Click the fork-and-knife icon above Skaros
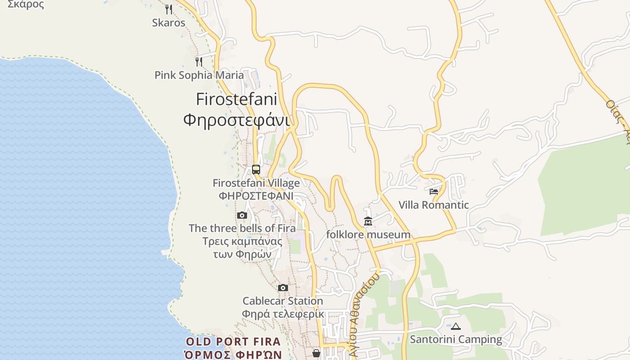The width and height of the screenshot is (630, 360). (x=168, y=9)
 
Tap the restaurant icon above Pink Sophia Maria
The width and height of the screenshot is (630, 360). (x=199, y=61)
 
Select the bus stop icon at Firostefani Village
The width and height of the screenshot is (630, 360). (x=256, y=170)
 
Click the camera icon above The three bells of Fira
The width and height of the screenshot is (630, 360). (x=242, y=215)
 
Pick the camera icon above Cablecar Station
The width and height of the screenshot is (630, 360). (x=283, y=288)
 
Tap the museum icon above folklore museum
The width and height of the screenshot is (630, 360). (x=368, y=221)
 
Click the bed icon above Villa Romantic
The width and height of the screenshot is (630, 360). (x=434, y=191)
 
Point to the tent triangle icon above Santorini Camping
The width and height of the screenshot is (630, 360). (x=456, y=326)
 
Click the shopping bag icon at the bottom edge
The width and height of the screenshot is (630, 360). (x=317, y=353)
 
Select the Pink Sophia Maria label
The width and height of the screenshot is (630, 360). (x=199, y=75)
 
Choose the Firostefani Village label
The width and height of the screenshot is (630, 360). (x=256, y=183)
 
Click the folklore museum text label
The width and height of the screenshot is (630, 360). (x=368, y=234)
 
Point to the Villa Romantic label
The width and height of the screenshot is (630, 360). (x=434, y=205)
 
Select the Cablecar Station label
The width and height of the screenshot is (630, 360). (x=283, y=301)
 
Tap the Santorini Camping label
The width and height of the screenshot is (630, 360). (x=456, y=339)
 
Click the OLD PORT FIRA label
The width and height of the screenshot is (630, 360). (x=233, y=342)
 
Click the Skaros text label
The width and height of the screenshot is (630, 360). (x=168, y=22)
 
